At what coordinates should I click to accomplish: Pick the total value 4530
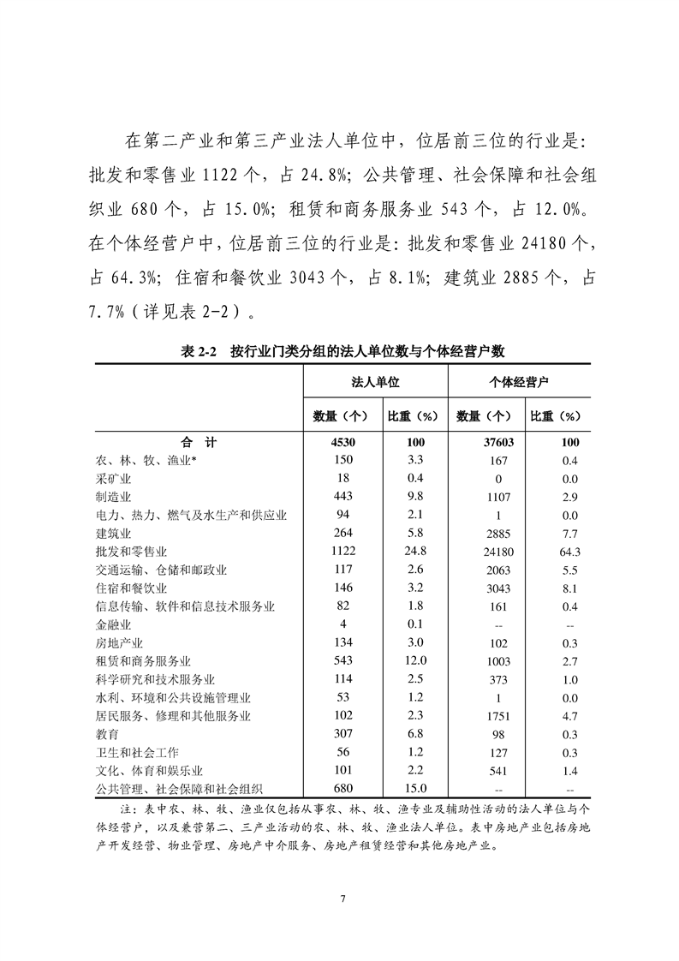point(340,443)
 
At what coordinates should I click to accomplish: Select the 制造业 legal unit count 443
point(340,496)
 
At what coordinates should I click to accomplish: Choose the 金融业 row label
point(112,624)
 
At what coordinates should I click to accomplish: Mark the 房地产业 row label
point(118,642)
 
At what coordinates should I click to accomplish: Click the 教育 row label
point(107,734)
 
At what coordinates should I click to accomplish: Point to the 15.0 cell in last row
point(414,788)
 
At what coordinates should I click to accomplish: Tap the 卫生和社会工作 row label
point(136,752)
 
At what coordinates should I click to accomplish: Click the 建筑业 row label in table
point(112,533)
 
